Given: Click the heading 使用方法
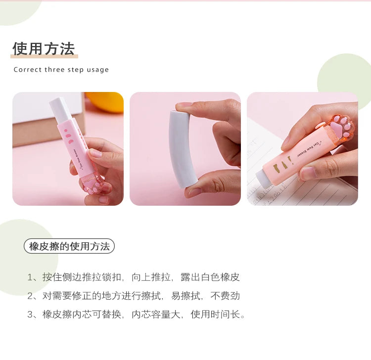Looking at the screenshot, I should point(44,49).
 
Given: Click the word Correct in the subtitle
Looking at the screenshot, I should point(28,70).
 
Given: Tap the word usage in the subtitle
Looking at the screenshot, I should point(97,70).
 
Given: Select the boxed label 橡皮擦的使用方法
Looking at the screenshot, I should point(69,246).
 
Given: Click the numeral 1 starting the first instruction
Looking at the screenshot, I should point(30,277).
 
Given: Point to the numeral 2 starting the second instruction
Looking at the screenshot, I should point(30,296).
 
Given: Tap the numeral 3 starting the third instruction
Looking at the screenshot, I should point(30,315).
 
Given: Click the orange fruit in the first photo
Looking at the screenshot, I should point(106,101).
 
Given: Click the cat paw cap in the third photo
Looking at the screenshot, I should point(342,127).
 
